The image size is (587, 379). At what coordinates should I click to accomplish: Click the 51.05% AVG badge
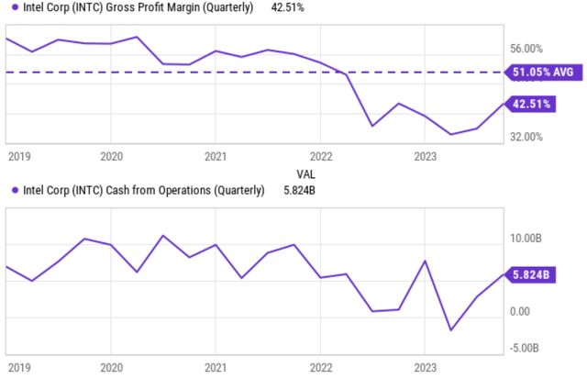(545, 72)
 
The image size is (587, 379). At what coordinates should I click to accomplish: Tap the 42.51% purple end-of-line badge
(532, 104)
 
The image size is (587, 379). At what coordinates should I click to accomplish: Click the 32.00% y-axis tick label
(526, 137)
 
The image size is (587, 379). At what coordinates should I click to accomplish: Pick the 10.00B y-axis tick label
(526, 239)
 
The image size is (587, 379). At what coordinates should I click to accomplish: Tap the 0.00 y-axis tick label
(519, 312)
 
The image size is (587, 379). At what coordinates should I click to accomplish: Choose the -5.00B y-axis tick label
(526, 347)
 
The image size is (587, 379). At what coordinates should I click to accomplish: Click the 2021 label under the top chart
(215, 156)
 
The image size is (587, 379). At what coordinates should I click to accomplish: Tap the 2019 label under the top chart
(18, 156)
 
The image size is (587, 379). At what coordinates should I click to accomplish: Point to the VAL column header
(305, 173)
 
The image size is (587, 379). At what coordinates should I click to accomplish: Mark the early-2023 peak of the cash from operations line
(425, 261)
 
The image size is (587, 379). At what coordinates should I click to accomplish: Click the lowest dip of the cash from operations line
(450, 330)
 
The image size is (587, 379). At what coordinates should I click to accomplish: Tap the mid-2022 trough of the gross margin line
(371, 126)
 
